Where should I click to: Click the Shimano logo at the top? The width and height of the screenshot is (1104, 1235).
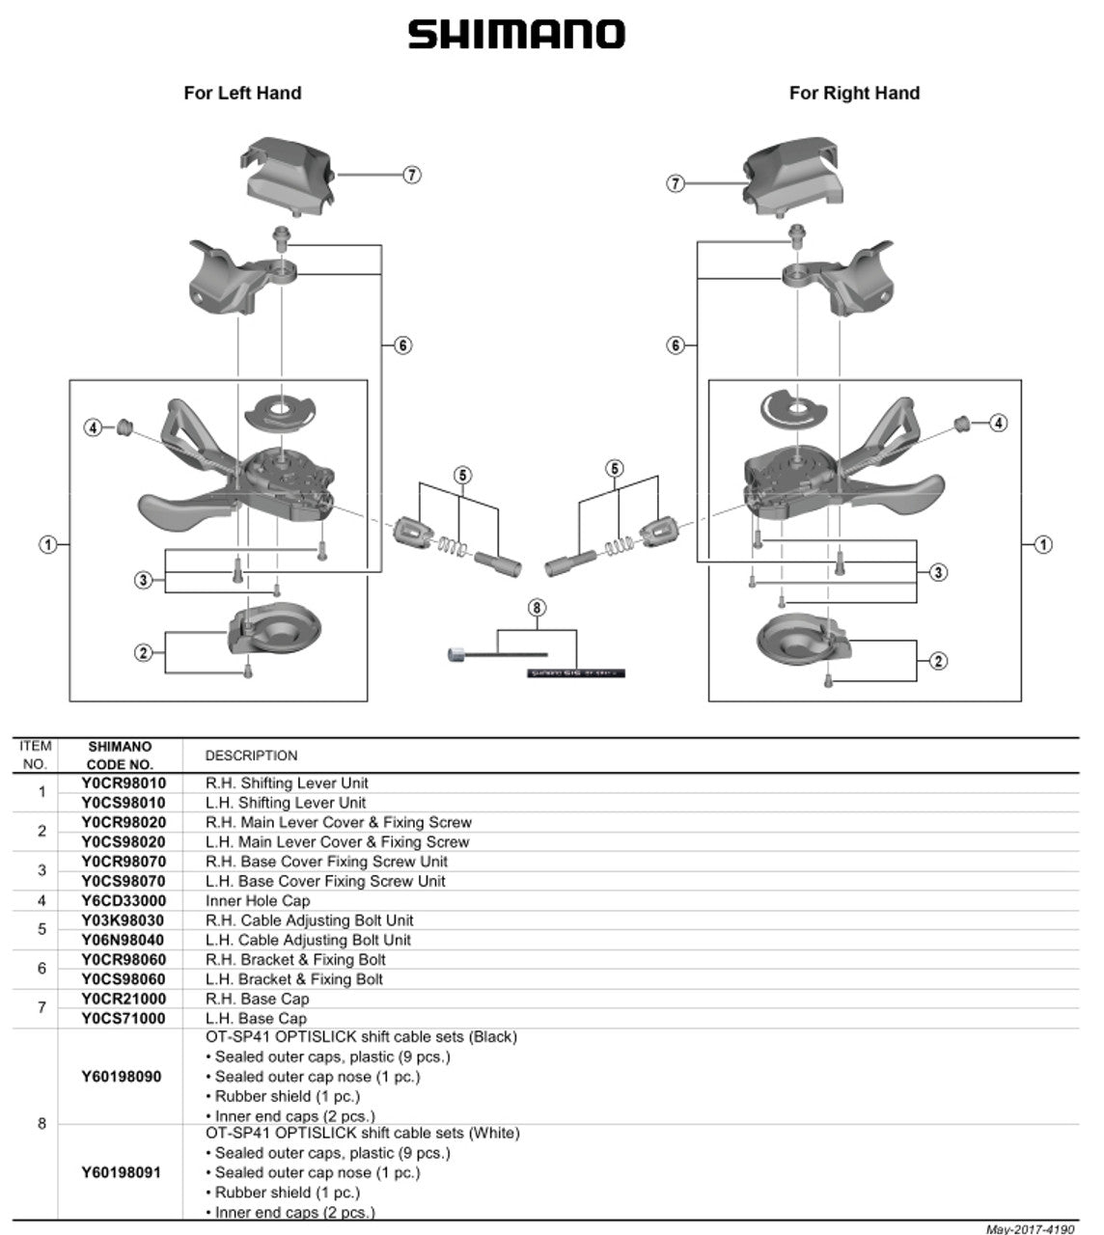(x=516, y=35)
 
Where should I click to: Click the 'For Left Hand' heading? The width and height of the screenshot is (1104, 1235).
(x=242, y=94)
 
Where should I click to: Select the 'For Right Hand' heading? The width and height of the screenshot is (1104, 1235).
(x=854, y=94)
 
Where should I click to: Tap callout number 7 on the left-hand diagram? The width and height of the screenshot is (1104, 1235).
(x=412, y=175)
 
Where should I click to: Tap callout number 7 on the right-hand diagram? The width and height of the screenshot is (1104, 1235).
(x=676, y=183)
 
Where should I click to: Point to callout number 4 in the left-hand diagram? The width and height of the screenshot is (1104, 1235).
(x=94, y=426)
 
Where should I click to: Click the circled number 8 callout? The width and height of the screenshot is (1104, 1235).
(x=537, y=608)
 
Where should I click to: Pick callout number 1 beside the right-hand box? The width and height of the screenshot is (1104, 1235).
(x=1043, y=545)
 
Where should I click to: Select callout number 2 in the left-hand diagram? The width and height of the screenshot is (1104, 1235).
(x=143, y=653)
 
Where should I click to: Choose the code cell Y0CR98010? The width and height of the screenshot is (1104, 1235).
(x=124, y=783)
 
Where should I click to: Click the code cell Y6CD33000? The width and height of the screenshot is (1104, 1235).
(x=124, y=901)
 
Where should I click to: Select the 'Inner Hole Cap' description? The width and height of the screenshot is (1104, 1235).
(x=258, y=901)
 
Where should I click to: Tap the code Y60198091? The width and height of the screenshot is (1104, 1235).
(x=121, y=1173)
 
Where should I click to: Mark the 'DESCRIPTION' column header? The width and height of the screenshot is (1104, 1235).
(x=251, y=755)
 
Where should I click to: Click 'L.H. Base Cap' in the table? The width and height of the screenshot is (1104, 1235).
(x=256, y=1019)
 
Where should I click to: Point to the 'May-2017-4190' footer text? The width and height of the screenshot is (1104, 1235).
(x=1030, y=1229)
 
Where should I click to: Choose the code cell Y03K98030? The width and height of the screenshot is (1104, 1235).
(x=124, y=920)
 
